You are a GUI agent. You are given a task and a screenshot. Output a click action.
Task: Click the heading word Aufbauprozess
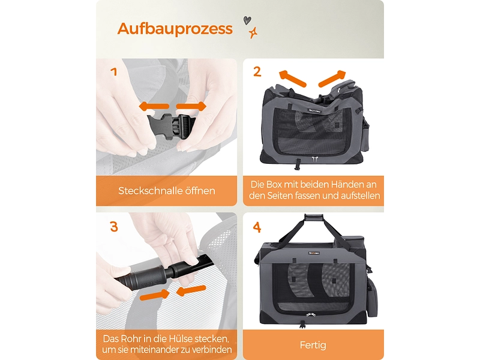pyautogui.click(x=175, y=29)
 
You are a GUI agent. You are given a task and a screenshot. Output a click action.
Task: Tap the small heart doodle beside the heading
pyautogui.click(x=247, y=20)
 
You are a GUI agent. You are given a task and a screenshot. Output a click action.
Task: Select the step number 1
pyautogui.click(x=114, y=71)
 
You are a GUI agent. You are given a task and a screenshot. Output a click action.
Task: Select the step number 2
pyautogui.click(x=257, y=71)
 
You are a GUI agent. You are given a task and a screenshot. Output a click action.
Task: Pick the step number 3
pyautogui.click(x=113, y=227)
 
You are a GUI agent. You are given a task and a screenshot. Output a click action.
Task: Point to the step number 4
pyautogui.click(x=257, y=227)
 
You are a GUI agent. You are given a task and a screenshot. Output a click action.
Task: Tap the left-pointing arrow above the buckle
pyautogui.click(x=154, y=107)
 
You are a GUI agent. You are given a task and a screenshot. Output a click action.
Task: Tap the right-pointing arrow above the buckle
pyautogui.click(x=191, y=106)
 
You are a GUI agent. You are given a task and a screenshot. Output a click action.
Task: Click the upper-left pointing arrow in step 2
pyautogui.click(x=293, y=79)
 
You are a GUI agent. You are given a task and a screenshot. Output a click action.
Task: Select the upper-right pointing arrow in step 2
pyautogui.click(x=332, y=79)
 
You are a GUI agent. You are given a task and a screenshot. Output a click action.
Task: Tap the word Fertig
pyautogui.click(x=313, y=346)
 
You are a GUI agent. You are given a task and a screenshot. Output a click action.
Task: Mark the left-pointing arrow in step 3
pyautogui.click(x=191, y=290)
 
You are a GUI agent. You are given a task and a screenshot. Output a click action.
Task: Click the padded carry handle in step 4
pyautogui.click(x=314, y=217)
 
